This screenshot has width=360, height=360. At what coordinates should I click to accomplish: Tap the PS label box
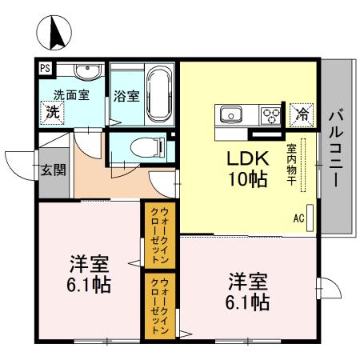[45, 69]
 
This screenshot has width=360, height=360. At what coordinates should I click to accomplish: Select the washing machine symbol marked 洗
[52, 111]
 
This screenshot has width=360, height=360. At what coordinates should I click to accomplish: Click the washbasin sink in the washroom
[86, 74]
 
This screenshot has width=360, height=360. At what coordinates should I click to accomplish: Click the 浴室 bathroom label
[126, 97]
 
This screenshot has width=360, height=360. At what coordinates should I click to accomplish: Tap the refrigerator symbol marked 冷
[301, 114]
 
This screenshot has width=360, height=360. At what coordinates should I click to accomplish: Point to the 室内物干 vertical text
[292, 165]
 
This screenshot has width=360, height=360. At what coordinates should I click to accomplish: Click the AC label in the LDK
[299, 217]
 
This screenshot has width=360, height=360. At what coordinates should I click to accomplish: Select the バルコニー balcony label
[336, 149]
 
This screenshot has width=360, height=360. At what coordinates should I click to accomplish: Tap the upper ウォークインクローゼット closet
[154, 234]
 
